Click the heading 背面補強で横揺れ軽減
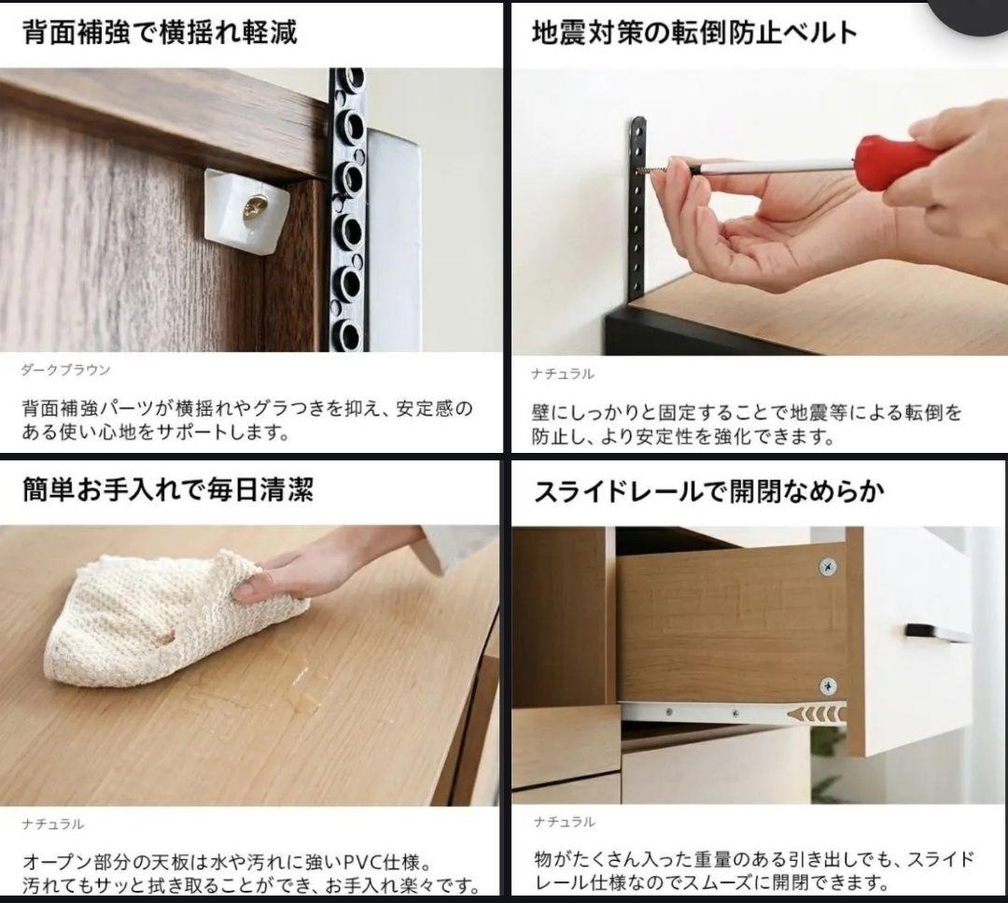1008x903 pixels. click(x=160, y=33)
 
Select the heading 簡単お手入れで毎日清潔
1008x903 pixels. click(x=168, y=489)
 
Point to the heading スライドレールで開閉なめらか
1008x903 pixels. click(x=708, y=491)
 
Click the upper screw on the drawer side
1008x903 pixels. click(x=826, y=567)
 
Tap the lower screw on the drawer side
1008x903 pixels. click(x=826, y=686)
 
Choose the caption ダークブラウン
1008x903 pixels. click(x=66, y=370)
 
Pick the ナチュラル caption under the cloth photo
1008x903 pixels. click(x=53, y=824)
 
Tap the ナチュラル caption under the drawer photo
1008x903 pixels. click(x=564, y=822)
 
